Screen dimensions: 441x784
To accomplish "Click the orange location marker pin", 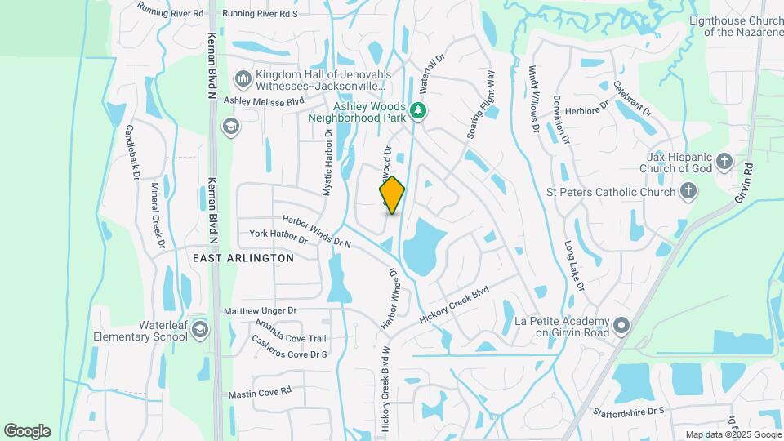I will pyautogui.click(x=392, y=195).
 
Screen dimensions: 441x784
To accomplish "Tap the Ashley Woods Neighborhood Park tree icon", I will pyautogui.click(x=418, y=110).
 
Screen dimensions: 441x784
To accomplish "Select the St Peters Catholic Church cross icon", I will pyautogui.click(x=688, y=192).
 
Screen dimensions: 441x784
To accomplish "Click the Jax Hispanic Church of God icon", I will pyautogui.click(x=724, y=162).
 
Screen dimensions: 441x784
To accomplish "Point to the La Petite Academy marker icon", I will pyautogui.click(x=622, y=327).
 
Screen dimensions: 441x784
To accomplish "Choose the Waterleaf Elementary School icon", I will pyautogui.click(x=200, y=329).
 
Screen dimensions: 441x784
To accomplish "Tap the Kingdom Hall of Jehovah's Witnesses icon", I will pyautogui.click(x=243, y=79).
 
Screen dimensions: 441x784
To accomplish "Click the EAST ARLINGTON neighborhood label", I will pyautogui.click(x=243, y=258).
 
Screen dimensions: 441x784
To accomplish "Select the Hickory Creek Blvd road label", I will pyautogui.click(x=454, y=304).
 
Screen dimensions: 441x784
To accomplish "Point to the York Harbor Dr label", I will pyautogui.click(x=278, y=237).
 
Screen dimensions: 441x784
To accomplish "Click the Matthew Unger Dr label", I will pyautogui.click(x=260, y=311).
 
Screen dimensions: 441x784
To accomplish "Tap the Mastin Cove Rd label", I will pyautogui.click(x=260, y=393).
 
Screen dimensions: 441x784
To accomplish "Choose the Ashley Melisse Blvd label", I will pyautogui.click(x=264, y=100).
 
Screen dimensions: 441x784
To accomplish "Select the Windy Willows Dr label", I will pyautogui.click(x=532, y=99).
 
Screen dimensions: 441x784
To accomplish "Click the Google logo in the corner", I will pyautogui.click(x=27, y=431).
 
